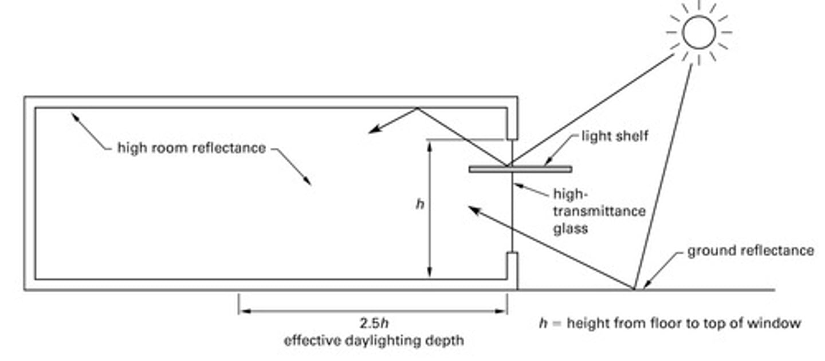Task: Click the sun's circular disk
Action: point(698,33)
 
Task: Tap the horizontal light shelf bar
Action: point(520,169)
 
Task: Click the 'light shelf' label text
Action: point(614,136)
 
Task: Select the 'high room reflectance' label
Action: point(191,148)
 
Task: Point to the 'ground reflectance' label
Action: point(750,251)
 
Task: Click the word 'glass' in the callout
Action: point(570,229)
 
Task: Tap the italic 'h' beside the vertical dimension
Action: point(420,205)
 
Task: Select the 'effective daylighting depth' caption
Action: point(374,341)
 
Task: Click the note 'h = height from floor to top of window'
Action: point(670,324)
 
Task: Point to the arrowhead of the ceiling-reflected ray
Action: point(372,131)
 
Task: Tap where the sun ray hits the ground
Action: point(634,288)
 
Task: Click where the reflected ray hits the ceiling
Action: point(417,108)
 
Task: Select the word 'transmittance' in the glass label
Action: point(599,211)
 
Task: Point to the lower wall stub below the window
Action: point(512,265)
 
